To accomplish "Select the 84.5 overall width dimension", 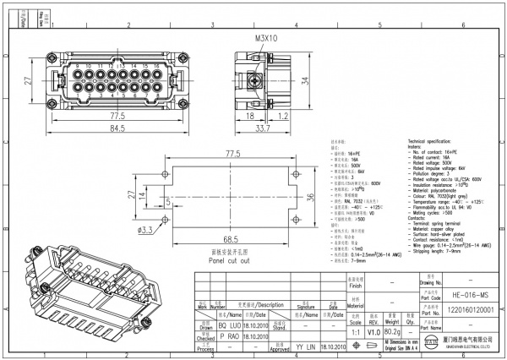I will [x=117, y=128].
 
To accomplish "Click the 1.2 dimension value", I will [x=285, y=115].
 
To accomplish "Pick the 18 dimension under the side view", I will [x=249, y=115].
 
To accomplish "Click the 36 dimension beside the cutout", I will [x=309, y=198].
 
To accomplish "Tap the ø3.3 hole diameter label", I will [x=145, y=229].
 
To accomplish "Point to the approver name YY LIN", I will [x=306, y=347].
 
